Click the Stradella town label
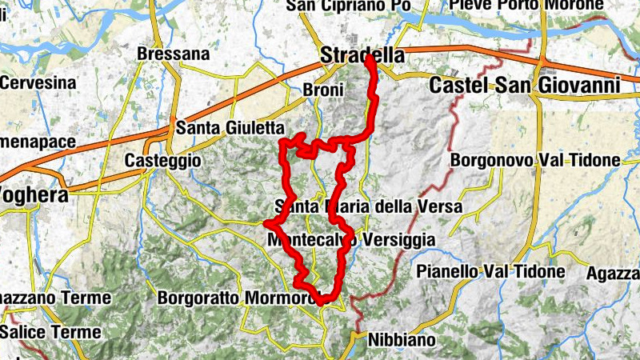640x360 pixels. click(361, 55)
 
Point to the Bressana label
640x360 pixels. click(173, 54)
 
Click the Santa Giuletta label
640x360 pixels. click(230, 127)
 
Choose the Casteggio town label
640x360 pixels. click(161, 161)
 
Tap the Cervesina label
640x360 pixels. click(38, 82)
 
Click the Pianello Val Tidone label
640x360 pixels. click(490, 272)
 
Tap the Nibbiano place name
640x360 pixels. click(402, 340)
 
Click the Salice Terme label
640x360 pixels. click(50, 331)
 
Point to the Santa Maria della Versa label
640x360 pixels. click(368, 206)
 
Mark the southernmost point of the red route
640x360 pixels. click(322, 302)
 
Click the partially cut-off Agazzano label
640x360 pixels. click(614, 273)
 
